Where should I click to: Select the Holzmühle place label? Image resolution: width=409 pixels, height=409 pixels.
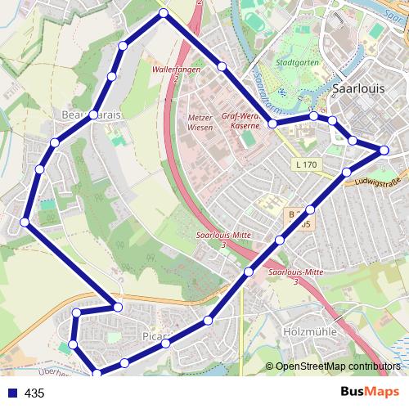[x=304, y=333]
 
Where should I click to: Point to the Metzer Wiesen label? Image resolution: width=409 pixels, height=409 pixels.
[x=200, y=122]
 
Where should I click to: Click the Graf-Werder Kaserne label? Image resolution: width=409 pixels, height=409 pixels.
[x=240, y=121]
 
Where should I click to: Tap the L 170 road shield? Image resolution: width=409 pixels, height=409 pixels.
[x=304, y=165]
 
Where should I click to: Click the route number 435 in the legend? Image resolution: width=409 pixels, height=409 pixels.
[x=34, y=393]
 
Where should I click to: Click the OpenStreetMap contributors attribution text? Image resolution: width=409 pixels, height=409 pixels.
[x=333, y=366]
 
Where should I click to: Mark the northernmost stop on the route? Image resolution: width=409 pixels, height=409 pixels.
[x=164, y=13]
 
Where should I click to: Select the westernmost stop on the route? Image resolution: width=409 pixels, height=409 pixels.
[x=25, y=222]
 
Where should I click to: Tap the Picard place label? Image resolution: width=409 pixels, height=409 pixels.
[x=155, y=336]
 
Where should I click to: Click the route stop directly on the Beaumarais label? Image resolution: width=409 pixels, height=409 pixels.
[x=94, y=115]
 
